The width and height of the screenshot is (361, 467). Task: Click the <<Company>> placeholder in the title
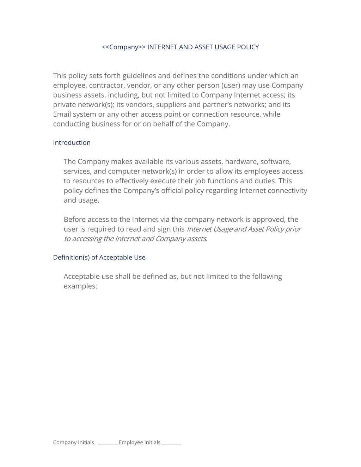[x=123, y=47]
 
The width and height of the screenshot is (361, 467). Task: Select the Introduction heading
[x=72, y=143]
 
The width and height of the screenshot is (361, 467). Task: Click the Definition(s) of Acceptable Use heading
[x=99, y=258]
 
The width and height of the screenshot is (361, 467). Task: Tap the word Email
[x=62, y=115]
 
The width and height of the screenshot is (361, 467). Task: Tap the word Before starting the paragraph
[x=75, y=220]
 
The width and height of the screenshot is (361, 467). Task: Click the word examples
[x=80, y=286]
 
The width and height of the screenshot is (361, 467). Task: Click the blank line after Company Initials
[x=108, y=443]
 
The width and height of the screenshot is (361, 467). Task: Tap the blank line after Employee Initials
[x=171, y=443]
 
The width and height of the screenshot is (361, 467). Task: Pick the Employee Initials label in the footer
[x=139, y=443]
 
